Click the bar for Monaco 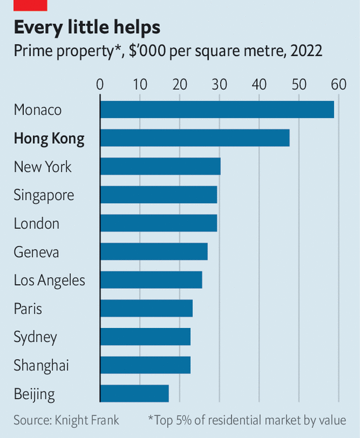pos(217,109)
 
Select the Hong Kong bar pos(195,138)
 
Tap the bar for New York pos(160,166)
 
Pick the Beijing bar pos(134,394)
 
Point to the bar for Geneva pos(154,252)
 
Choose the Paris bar pos(146,308)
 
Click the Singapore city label pos(44,195)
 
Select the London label pos(37,224)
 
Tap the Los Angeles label pos(49,281)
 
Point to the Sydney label pos(36,337)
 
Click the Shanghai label pos(41,366)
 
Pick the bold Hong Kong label pos(49,139)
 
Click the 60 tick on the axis pos(339,84)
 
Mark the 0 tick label pos(100,84)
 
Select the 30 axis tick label pos(220,84)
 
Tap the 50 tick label pos(299,84)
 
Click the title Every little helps pos(87,28)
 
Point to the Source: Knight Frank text pos(66,420)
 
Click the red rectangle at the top pos(30,5)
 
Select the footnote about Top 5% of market pos(247,420)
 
